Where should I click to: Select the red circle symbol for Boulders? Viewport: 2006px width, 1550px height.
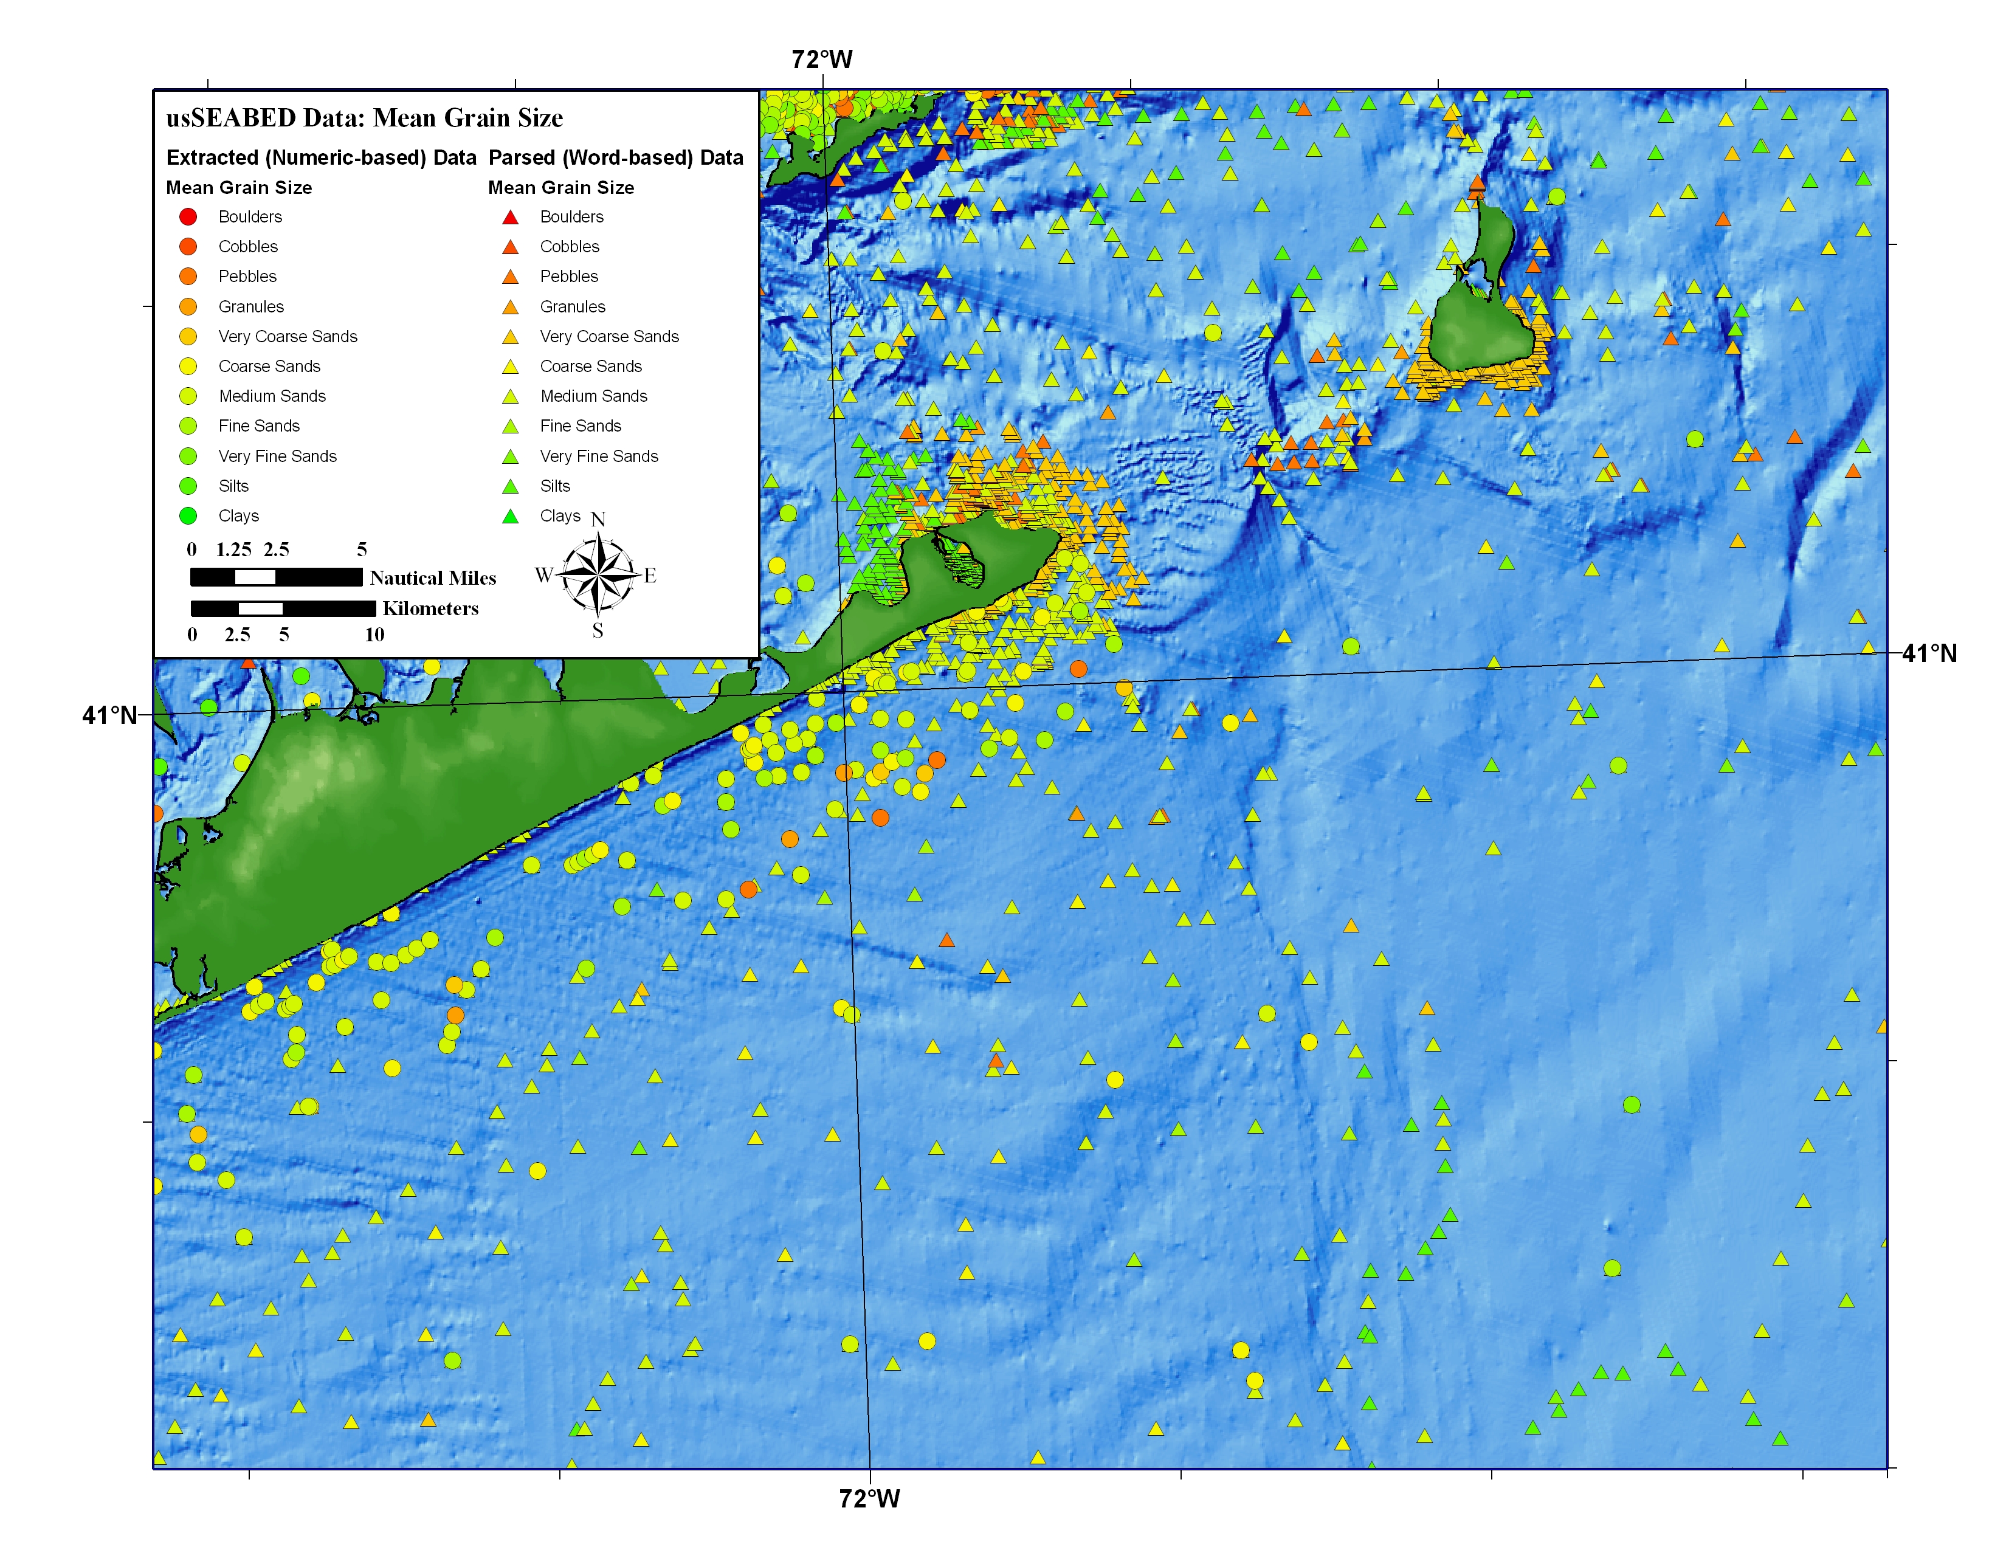188,217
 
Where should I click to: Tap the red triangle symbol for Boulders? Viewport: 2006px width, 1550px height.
511,218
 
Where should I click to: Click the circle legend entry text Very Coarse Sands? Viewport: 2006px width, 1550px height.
288,336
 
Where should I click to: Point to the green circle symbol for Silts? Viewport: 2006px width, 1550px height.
188,486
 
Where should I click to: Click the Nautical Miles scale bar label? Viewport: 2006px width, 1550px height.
433,577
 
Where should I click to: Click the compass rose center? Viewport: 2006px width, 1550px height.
598,575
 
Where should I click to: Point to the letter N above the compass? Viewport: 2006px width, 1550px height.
598,520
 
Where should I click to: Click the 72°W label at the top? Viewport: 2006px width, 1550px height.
822,60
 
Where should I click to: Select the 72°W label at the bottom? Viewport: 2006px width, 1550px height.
869,1498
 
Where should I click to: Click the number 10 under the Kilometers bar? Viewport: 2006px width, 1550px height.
374,635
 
